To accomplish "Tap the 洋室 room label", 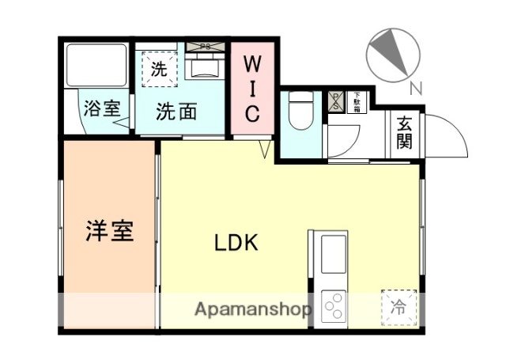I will [x=109, y=230].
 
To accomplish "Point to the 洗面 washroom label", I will [x=176, y=112].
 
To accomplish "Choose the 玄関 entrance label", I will [x=404, y=132].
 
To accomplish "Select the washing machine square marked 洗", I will [x=159, y=68].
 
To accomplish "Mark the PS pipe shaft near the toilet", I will [x=334, y=100].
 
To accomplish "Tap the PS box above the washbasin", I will [x=205, y=47].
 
